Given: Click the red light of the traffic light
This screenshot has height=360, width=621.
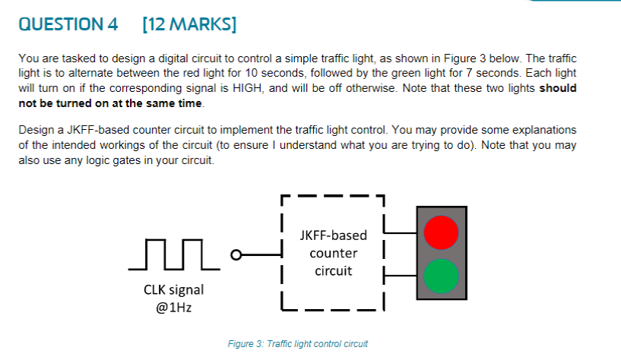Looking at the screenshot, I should coord(442,232).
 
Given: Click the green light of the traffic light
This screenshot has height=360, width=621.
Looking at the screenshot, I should coord(442,276).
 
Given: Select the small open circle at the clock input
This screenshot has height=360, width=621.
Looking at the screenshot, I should coord(236,254).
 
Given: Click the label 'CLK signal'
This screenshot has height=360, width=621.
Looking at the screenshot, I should coord(173,290).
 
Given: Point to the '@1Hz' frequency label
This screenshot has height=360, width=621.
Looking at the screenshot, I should coord(173,309).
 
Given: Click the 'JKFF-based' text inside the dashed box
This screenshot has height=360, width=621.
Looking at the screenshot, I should coord(334,235).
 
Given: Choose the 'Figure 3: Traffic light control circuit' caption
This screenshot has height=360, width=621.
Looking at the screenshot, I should coord(297,344).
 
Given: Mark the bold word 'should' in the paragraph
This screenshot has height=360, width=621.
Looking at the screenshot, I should coord(558,88).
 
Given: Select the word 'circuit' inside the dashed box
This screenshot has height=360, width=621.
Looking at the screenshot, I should coord(334,270).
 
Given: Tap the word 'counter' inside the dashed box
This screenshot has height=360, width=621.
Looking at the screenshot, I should coord(334,253).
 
